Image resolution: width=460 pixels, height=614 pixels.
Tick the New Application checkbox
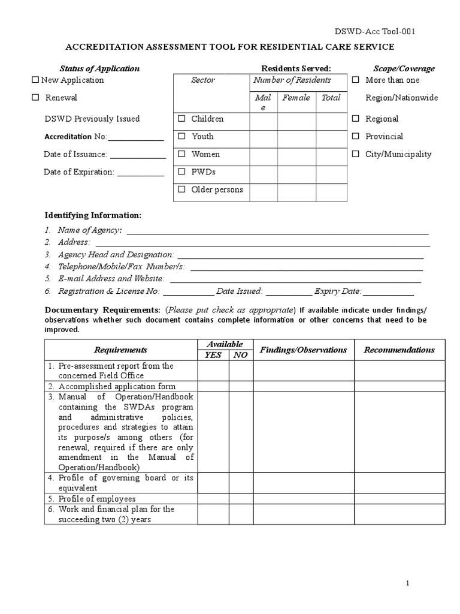(35, 80)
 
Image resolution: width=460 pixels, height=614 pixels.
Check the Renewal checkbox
(35, 97)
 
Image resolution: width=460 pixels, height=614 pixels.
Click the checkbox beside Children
(181, 119)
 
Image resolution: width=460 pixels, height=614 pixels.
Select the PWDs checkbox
(181, 171)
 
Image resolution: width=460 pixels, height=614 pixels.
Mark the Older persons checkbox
(181, 189)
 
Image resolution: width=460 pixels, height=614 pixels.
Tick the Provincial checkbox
(356, 136)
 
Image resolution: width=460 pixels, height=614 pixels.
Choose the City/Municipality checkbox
(356, 154)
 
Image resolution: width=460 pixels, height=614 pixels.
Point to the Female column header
(296, 97)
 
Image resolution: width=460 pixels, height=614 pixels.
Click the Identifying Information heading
(93, 215)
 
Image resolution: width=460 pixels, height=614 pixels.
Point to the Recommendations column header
(400, 350)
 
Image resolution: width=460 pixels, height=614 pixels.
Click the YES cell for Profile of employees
(213, 499)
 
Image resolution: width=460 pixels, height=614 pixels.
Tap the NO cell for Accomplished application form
(241, 387)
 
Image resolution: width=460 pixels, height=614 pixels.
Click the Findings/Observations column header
(303, 350)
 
